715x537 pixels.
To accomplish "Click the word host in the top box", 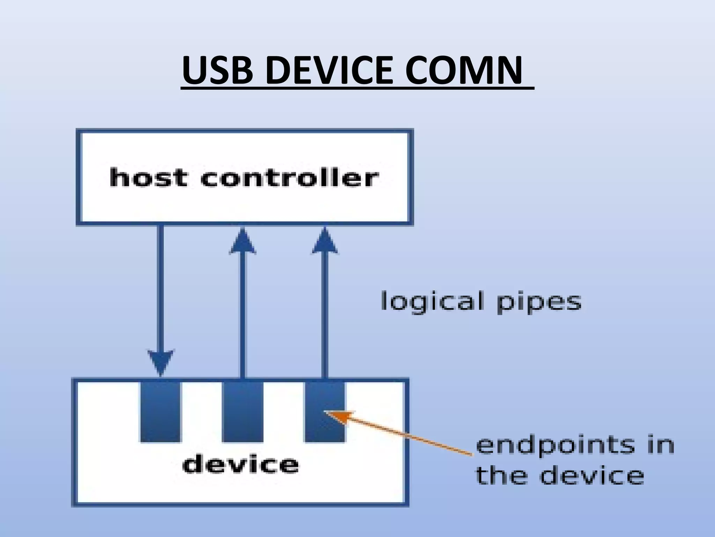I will point(148,178).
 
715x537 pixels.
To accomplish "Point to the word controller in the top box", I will point(289,178).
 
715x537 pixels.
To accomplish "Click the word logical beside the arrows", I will point(432,302).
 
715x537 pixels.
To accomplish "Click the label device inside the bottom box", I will point(241,465).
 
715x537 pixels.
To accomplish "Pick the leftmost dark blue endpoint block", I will point(161,412).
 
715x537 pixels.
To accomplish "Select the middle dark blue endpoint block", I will point(243,412).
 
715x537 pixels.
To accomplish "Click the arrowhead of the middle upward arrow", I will point(243,242).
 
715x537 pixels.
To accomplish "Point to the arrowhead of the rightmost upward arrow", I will point(325,242).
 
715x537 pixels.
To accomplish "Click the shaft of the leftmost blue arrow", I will point(161,287).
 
